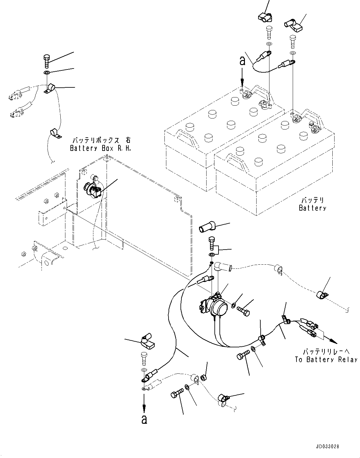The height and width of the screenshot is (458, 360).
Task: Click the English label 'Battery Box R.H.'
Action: (x=100, y=148)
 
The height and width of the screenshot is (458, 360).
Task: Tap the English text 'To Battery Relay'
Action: (x=326, y=360)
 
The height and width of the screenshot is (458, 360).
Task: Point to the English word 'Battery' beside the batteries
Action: (x=312, y=208)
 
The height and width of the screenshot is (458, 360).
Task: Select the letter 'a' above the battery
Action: (x=242, y=61)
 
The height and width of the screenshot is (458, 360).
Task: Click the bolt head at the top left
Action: (x=46, y=58)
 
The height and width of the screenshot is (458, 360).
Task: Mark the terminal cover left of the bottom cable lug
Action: (x=146, y=342)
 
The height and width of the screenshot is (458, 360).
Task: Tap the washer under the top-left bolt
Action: (x=47, y=73)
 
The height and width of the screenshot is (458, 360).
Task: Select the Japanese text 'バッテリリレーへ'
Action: (x=326, y=351)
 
